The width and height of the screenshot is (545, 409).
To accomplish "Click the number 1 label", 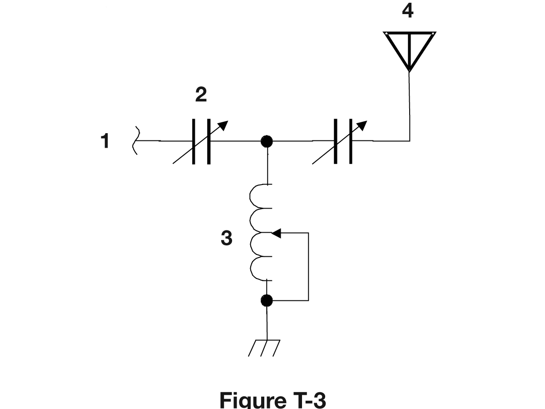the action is pyautogui.click(x=105, y=140).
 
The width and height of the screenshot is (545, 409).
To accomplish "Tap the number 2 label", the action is pyautogui.click(x=201, y=94).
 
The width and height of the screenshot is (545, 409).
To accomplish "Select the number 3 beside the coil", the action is pyautogui.click(x=227, y=238).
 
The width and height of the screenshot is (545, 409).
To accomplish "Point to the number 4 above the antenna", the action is pyautogui.click(x=408, y=10).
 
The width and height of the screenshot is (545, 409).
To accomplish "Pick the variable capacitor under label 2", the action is pyautogui.click(x=201, y=141).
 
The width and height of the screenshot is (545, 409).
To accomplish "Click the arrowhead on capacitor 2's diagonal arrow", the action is pyautogui.click(x=224, y=125).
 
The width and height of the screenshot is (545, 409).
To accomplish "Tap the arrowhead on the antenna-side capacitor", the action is pyautogui.click(x=363, y=125).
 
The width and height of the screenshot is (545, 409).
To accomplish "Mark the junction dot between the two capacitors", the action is pyautogui.click(x=267, y=141).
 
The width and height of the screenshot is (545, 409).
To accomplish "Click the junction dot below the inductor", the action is pyautogui.click(x=267, y=301).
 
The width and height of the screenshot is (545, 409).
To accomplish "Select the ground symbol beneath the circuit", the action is pyautogui.click(x=264, y=348).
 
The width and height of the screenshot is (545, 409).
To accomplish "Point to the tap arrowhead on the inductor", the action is pyautogui.click(x=276, y=233).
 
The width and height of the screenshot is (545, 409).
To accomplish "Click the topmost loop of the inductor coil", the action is pyautogui.click(x=250, y=196).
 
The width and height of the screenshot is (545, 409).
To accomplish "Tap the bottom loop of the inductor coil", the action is pyautogui.click(x=251, y=269).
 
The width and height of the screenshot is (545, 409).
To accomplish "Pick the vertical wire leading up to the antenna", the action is pyautogui.click(x=410, y=106).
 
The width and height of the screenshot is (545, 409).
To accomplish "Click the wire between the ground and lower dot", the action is pyautogui.click(x=267, y=323).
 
